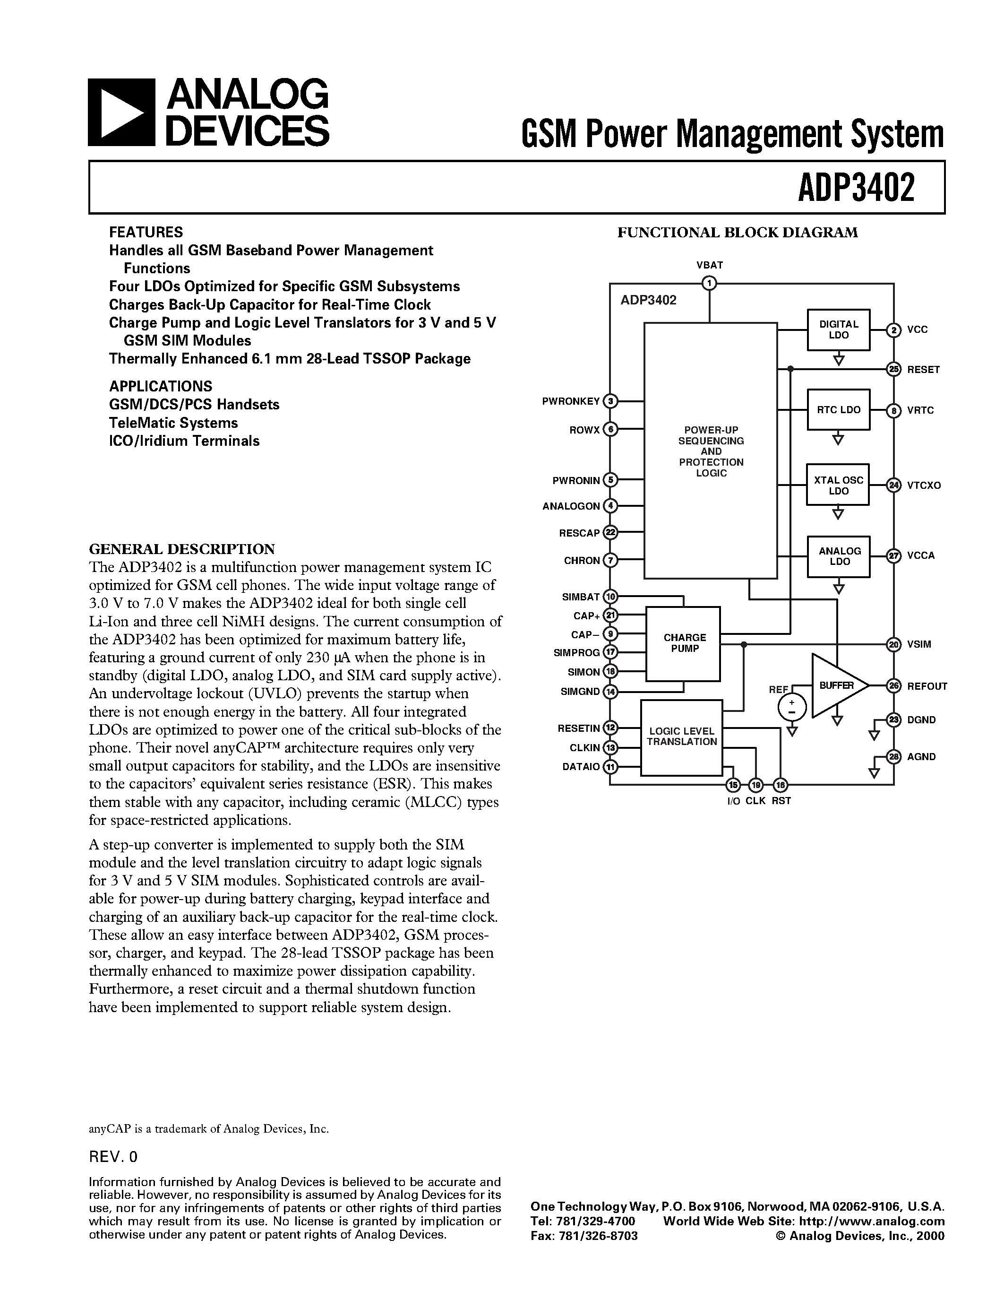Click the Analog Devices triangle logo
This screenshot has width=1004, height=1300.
pyautogui.click(x=122, y=113)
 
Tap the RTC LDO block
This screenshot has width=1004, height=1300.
pyautogui.click(x=838, y=409)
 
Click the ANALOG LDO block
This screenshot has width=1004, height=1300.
pyautogui.click(x=839, y=556)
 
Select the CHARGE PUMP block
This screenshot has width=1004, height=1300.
pyautogui.click(x=683, y=643)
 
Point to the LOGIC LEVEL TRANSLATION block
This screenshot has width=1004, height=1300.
pyautogui.click(x=682, y=737)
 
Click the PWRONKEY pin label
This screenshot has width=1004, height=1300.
pyautogui.click(x=570, y=401)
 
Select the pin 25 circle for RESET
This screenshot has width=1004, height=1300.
pyautogui.click(x=893, y=370)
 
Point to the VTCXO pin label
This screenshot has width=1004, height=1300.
pyautogui.click(x=924, y=485)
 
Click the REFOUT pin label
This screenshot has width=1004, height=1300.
pyautogui.click(x=927, y=686)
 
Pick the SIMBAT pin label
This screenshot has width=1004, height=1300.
pyautogui.click(x=581, y=597)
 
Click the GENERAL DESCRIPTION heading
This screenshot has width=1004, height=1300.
pyautogui.click(x=182, y=548)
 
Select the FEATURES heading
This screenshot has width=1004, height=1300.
pyautogui.click(x=146, y=232)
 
